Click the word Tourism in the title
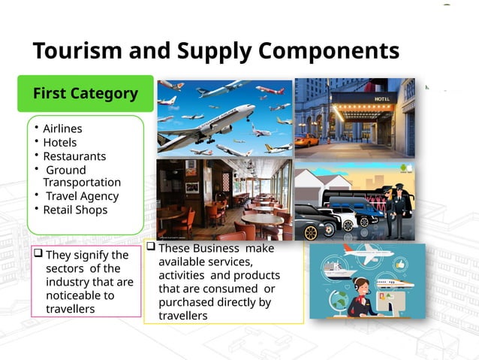[71, 51]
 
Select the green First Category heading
[85, 94]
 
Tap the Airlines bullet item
[62, 129]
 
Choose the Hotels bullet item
[59, 142]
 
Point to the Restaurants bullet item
[74, 156]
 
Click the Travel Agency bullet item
[82, 196]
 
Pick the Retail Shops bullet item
[75, 210]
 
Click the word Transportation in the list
[82, 183]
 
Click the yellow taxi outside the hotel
[306, 141]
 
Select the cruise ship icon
[338, 268]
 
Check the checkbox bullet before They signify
[38, 255]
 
